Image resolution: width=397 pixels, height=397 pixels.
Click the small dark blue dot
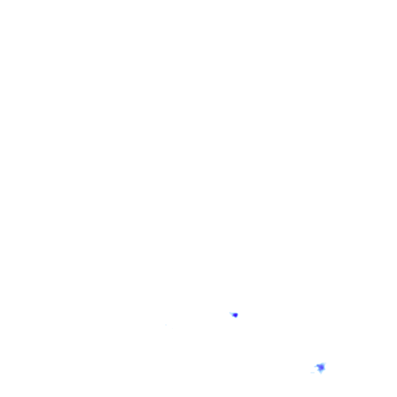(235, 315)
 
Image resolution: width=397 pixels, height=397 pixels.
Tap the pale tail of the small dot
(232, 313)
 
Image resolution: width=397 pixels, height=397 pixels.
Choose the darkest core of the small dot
(235, 315)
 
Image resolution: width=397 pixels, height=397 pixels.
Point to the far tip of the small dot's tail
(230, 312)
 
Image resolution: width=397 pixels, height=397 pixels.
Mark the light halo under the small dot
(235, 318)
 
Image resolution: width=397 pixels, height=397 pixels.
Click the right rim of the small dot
(237, 315)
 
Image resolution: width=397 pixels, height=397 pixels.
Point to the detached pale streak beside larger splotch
(312, 373)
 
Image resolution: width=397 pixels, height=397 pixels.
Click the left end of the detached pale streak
(311, 373)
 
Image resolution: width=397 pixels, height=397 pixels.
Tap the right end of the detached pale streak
(315, 373)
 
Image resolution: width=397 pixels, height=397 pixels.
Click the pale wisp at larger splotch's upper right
(324, 363)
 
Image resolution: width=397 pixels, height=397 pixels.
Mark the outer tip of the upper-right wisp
(326, 362)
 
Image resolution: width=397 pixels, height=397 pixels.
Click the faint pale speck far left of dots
(166, 325)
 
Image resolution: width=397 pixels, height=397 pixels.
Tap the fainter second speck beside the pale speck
(172, 328)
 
